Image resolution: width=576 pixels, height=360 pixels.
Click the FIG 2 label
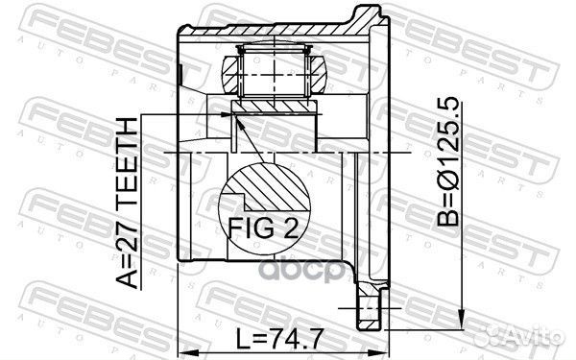[263, 228]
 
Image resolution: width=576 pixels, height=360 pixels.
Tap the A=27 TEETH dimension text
[127, 203]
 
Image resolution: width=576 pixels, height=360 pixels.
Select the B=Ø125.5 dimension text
[447, 161]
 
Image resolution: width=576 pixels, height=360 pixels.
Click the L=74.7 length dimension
[279, 339]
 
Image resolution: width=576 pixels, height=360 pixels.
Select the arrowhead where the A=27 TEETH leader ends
[227, 114]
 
